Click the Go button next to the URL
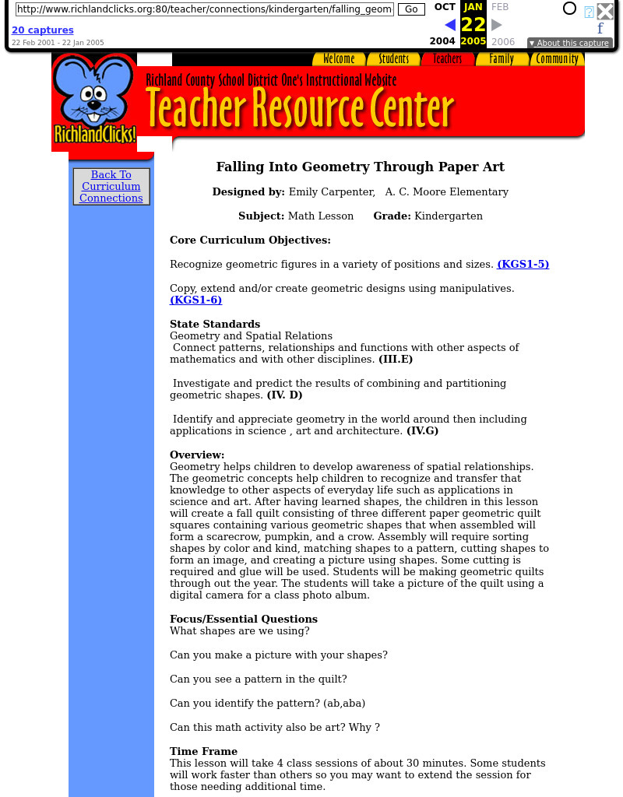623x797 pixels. pos(411,9)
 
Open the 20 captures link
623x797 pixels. pos(43,30)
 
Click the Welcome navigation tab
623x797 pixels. pos(339,59)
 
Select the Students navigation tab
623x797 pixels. pos(393,59)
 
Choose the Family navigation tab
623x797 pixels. pos(502,59)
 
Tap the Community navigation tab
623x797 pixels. pos(558,59)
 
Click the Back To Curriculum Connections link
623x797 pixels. pos(111,187)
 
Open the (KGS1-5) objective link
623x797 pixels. pos(523,265)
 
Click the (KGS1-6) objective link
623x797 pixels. pos(196,300)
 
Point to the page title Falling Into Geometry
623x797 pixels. pos(360,167)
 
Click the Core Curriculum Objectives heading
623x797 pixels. pos(250,241)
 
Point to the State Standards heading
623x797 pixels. pos(215,325)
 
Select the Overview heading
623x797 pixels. pos(197,455)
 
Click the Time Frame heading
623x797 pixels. pos(203,752)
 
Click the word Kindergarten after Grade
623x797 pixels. pos(449,216)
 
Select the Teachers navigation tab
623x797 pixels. pos(447,59)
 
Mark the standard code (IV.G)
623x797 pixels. pos(422,431)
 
